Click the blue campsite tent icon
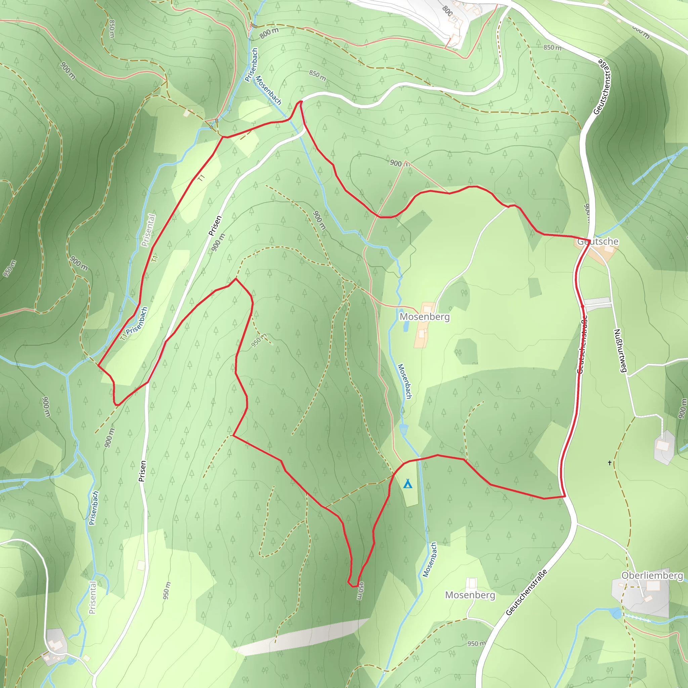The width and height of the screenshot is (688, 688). tap(408, 484)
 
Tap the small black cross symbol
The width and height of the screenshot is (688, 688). tap(610, 463)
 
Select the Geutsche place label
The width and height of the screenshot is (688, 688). tap(598, 242)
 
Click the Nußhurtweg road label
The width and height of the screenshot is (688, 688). tap(620, 351)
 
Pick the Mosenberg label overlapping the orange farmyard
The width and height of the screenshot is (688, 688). tap(425, 316)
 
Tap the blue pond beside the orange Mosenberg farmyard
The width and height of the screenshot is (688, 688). tap(405, 326)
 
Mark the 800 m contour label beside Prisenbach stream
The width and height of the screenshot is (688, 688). tap(269, 33)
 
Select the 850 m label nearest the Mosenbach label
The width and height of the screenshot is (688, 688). tap(317, 75)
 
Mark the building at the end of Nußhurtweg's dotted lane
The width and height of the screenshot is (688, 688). tap(663, 445)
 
